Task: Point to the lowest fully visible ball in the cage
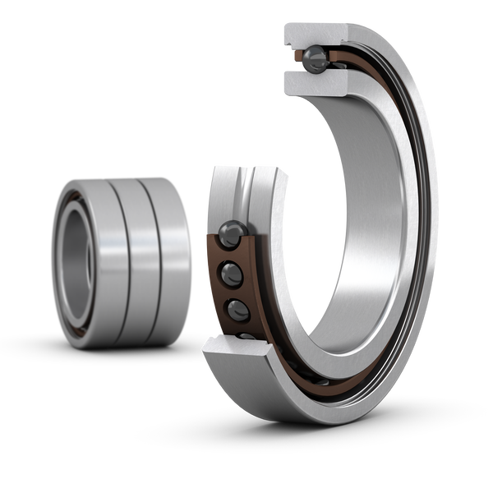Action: pos(237,310)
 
